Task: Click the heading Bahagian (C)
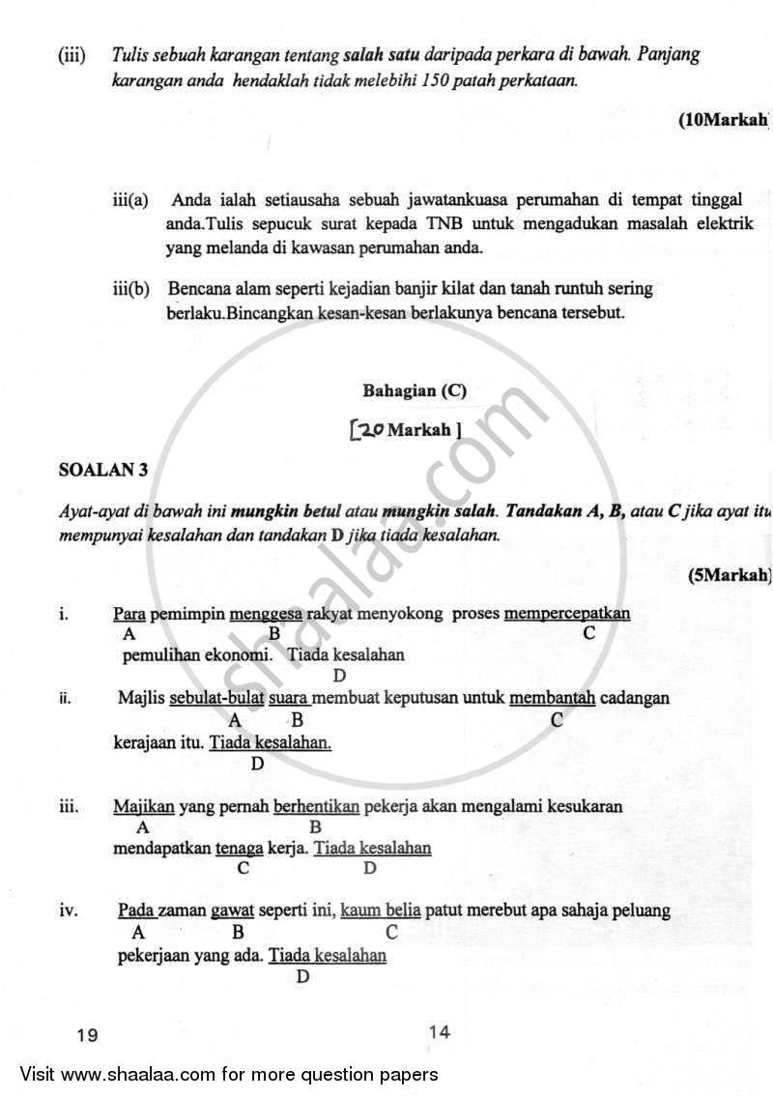[x=415, y=391]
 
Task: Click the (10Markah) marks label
[x=724, y=120]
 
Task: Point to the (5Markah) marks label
[x=730, y=574]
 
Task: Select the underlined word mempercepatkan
[x=567, y=614]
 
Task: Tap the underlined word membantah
[x=552, y=697]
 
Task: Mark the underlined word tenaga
[x=240, y=849]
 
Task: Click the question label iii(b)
[x=130, y=289]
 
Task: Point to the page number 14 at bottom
[x=439, y=1031]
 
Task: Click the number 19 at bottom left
[x=87, y=1034]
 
